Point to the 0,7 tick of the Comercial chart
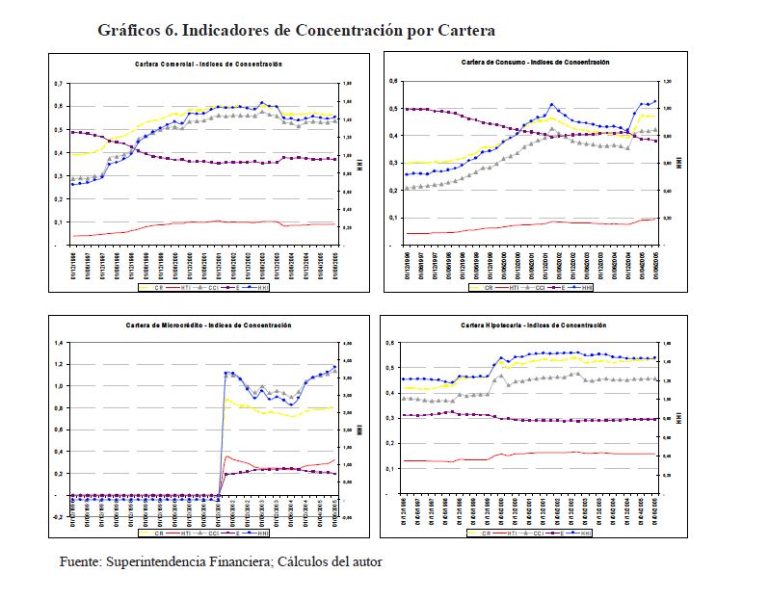tap(59, 84)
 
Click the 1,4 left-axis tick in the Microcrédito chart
tap(58, 343)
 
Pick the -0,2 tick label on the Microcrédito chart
tap(57, 517)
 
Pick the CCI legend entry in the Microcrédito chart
tap(222, 532)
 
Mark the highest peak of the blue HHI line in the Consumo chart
tap(552, 104)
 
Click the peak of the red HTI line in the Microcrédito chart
tap(226, 456)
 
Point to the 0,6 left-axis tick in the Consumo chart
tap(393, 81)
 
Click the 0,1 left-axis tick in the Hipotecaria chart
tap(391, 469)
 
